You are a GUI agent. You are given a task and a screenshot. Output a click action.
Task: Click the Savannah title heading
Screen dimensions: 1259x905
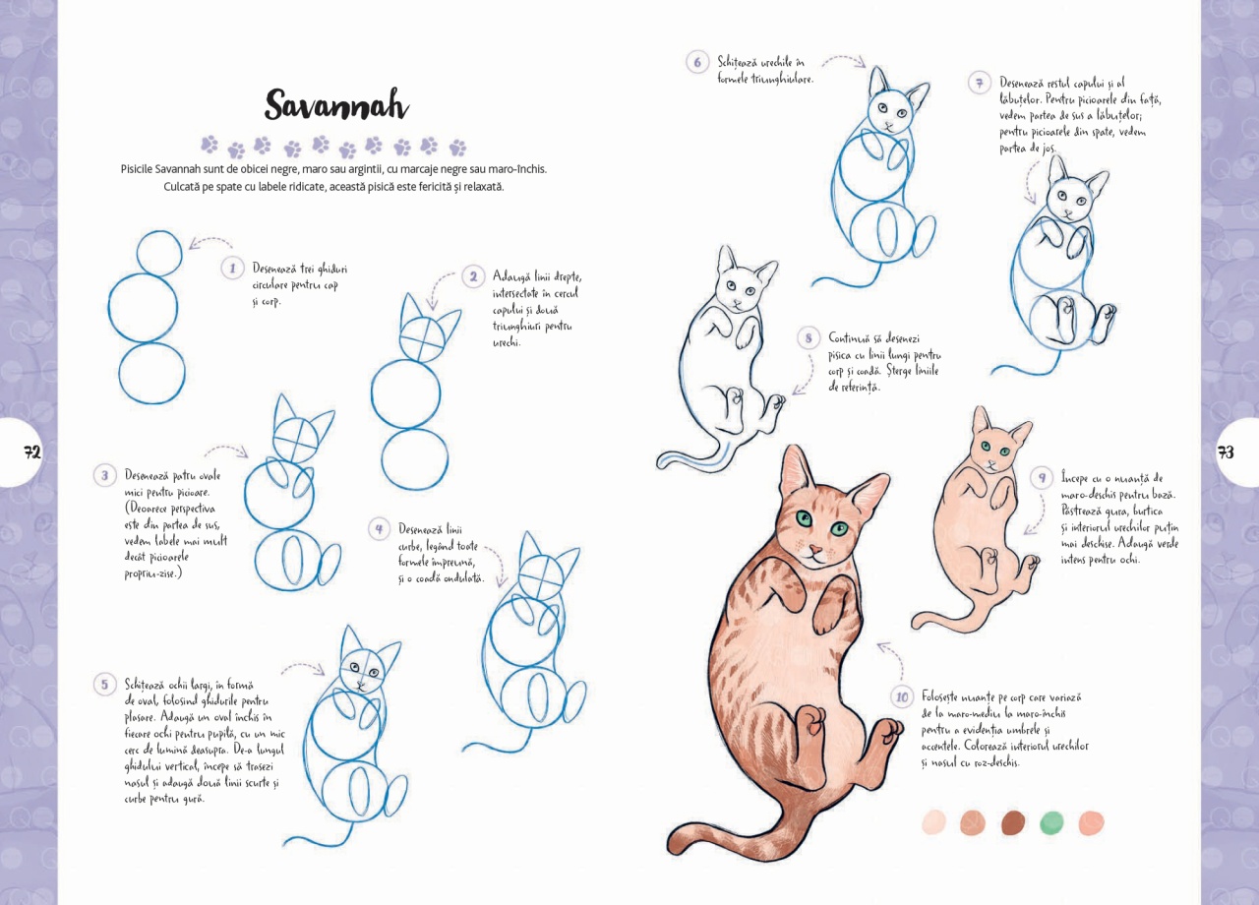(336, 104)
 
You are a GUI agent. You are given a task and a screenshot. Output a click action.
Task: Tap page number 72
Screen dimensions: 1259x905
(32, 452)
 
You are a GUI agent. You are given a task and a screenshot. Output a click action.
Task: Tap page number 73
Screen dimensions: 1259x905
(1226, 452)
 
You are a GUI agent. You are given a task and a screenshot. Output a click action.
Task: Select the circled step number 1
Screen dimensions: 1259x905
(232, 269)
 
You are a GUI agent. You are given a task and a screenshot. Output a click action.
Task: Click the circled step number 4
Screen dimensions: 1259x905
(379, 529)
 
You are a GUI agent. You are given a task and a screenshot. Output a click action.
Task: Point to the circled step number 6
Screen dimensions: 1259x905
(697, 62)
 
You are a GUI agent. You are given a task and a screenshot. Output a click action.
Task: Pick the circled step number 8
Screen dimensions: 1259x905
(809, 337)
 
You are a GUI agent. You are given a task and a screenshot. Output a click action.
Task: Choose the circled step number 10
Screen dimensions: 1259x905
(902, 697)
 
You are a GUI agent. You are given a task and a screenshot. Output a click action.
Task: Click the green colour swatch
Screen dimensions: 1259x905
(1051, 822)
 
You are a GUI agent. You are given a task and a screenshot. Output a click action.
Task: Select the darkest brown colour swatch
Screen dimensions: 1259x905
(1013, 822)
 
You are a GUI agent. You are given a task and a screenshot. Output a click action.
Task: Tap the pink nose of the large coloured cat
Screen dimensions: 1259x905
(814, 548)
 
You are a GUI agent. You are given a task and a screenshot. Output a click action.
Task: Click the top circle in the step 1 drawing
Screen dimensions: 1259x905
(159, 253)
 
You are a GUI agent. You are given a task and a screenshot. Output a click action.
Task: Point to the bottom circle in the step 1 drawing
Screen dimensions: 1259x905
(151, 373)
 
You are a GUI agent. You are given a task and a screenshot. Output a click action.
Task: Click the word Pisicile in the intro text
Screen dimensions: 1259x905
(137, 168)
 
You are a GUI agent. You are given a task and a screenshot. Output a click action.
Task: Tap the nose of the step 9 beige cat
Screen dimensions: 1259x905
(992, 463)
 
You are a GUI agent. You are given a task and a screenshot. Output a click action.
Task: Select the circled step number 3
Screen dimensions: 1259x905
(104, 475)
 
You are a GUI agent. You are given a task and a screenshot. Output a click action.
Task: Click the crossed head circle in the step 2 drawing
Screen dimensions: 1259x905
(422, 338)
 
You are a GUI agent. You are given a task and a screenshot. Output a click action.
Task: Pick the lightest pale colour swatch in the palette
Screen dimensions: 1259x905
(934, 822)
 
